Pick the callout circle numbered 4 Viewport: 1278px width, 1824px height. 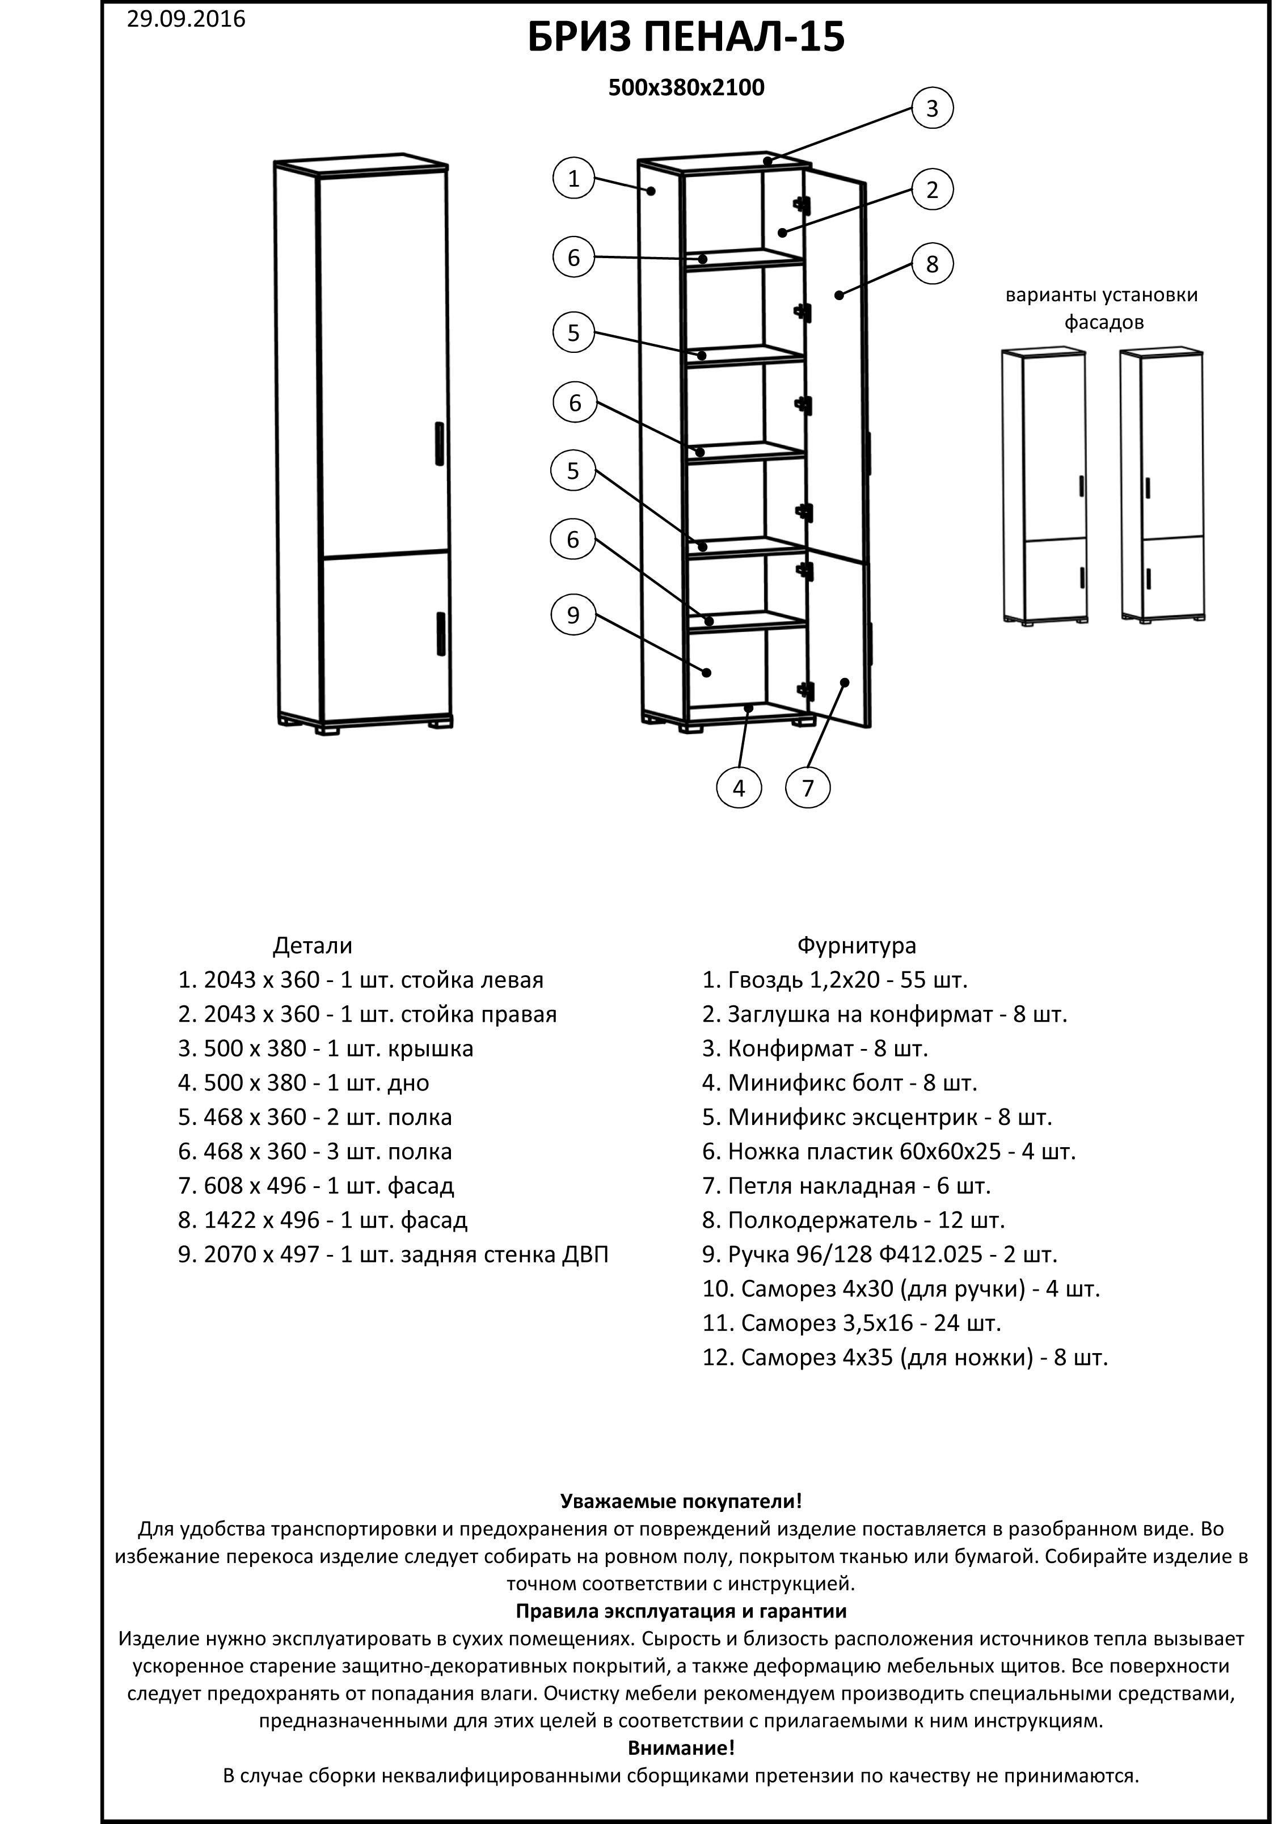point(739,788)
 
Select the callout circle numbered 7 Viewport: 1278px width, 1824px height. point(808,788)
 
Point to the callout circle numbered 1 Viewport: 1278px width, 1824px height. point(573,179)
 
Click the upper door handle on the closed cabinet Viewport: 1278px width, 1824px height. point(439,443)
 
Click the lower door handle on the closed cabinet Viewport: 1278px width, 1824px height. point(440,633)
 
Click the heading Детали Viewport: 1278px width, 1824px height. point(312,945)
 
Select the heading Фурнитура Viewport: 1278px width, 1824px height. point(856,945)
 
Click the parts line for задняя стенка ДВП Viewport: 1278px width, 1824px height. point(393,1254)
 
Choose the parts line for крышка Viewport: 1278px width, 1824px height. point(326,1048)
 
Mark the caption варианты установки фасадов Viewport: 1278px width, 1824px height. point(1102,308)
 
